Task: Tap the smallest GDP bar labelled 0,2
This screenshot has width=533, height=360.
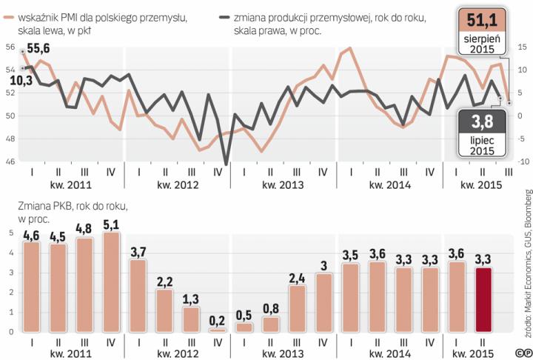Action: pyautogui.click(x=218, y=330)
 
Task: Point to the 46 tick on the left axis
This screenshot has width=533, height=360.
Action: pyautogui.click(x=10, y=161)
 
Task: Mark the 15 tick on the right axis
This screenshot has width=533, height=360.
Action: pyautogui.click(x=522, y=47)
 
